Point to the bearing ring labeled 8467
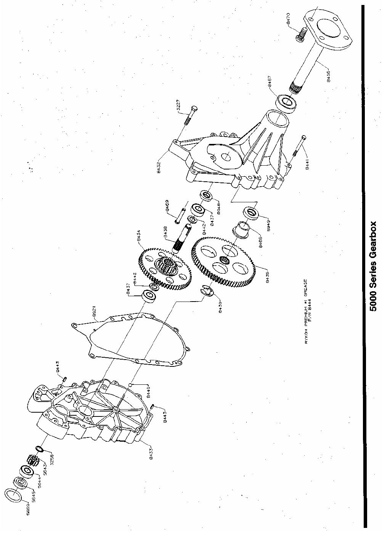point(286,102)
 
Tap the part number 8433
point(152,453)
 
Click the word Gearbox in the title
point(374,244)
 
